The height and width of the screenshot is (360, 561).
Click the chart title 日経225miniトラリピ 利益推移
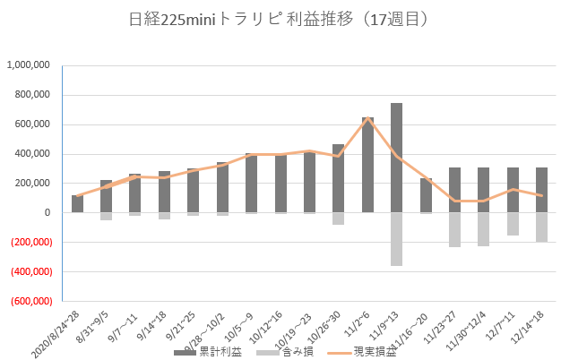(280, 18)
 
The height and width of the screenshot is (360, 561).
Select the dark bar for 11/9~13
(396, 158)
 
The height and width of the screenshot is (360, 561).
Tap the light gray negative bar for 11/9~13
(396, 239)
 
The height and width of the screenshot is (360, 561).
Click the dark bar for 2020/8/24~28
(77, 203)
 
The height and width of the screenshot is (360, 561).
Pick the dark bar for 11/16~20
(426, 195)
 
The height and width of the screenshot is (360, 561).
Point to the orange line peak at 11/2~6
(367, 118)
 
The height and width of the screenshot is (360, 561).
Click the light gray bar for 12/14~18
(541, 227)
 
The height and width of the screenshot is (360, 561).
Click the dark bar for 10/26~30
(338, 178)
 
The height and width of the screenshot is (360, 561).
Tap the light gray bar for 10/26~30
(338, 219)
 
